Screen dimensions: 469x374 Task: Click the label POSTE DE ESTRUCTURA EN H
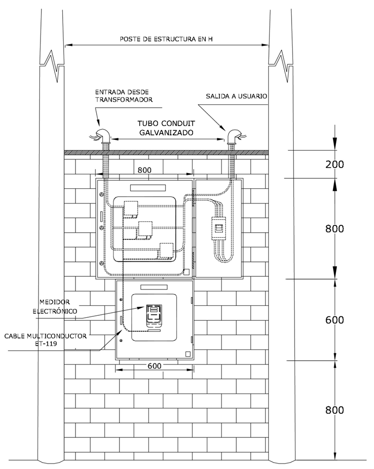click(x=166, y=39)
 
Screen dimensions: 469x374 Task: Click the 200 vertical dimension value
click(x=335, y=165)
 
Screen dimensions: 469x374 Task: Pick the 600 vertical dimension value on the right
click(x=335, y=320)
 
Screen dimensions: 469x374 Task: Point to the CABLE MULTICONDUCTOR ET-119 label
click(x=45, y=339)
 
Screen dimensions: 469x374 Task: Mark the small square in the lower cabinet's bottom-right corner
click(x=187, y=353)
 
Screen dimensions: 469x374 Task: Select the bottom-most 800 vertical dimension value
click(x=335, y=410)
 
